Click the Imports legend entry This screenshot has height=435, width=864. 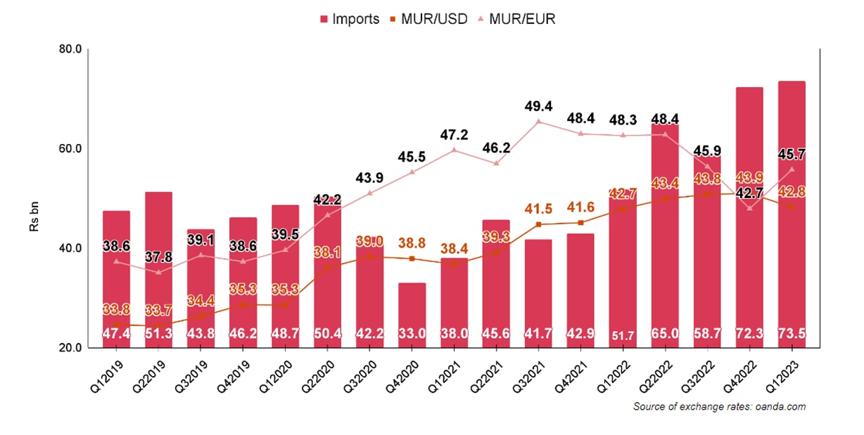point(350,19)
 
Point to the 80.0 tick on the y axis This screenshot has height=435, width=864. point(73,49)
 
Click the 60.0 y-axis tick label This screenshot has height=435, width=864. point(73,149)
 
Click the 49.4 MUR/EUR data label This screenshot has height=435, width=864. point(538,106)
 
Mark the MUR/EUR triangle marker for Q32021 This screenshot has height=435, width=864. point(538,122)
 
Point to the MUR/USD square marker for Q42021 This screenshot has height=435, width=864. point(580,223)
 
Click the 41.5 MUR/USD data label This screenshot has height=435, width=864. point(538,209)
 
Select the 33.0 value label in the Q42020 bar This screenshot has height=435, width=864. point(412,335)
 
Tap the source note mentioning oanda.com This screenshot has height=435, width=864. point(719,406)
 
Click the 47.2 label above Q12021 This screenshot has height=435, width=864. point(454,135)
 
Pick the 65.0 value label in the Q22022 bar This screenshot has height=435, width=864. point(665,335)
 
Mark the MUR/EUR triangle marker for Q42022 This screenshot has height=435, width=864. point(749,208)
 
